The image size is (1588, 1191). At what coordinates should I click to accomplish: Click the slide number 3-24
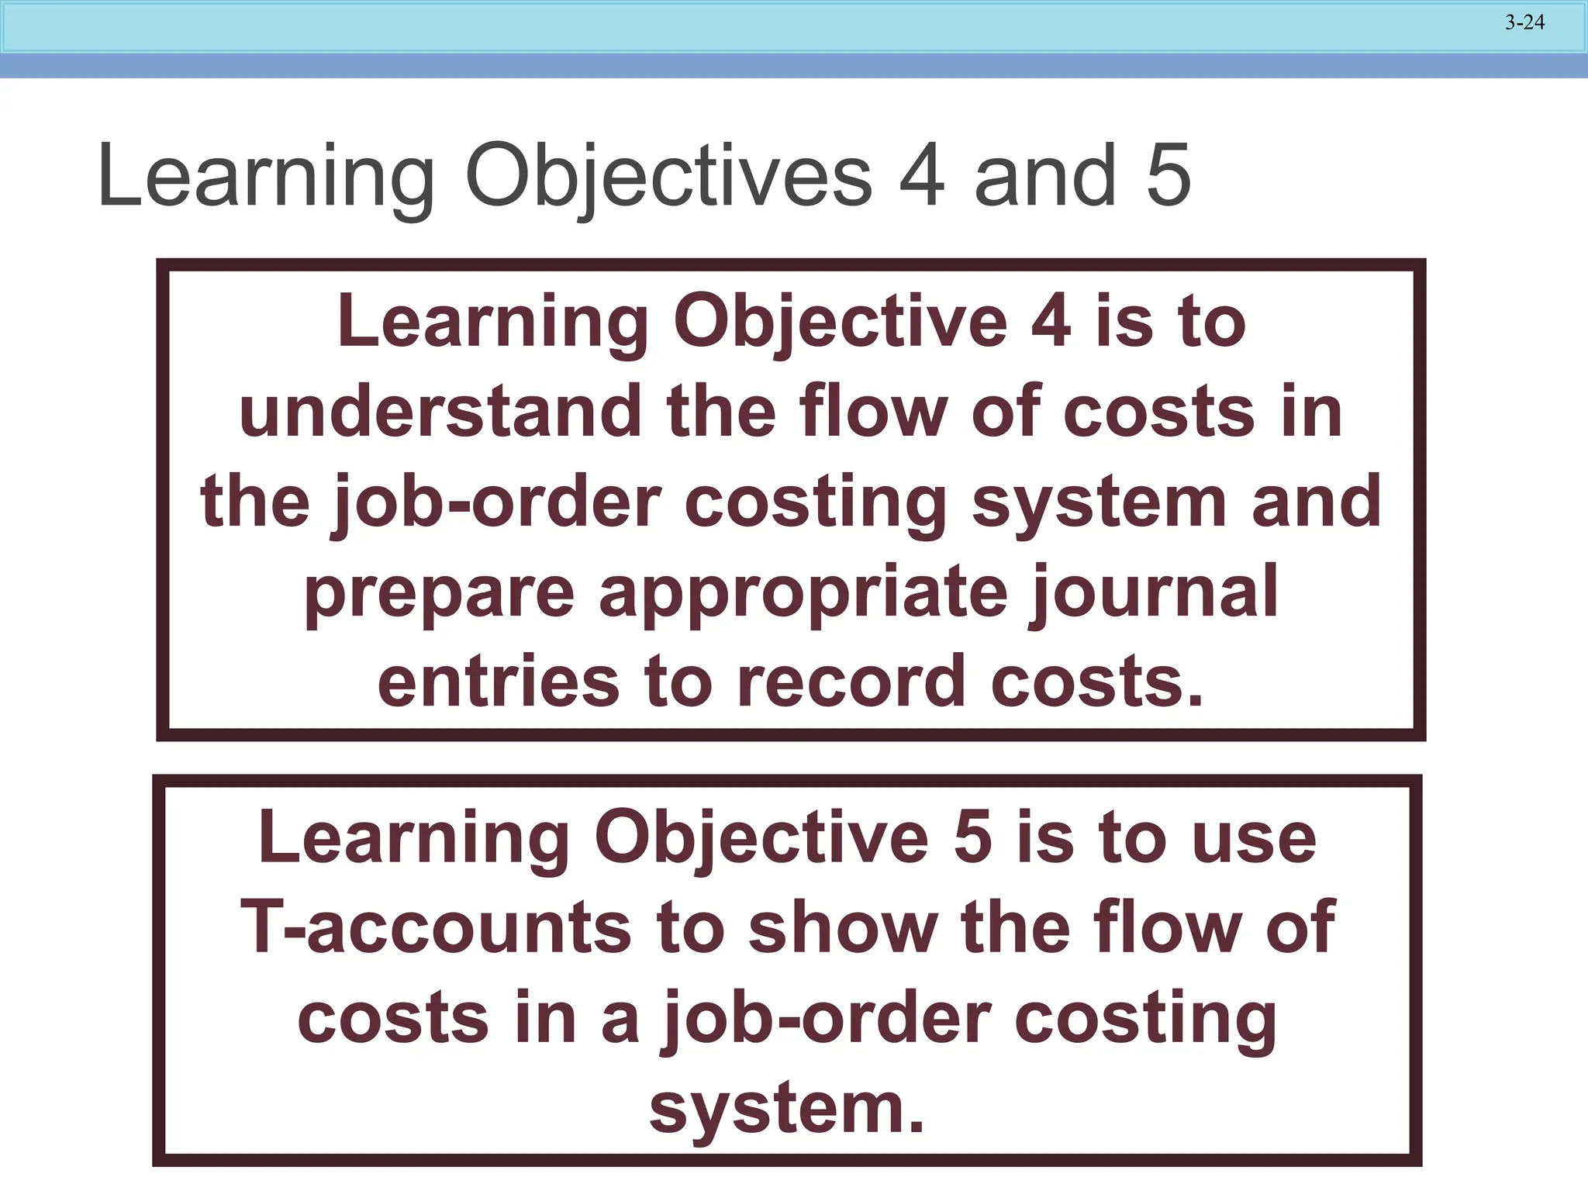pyautogui.click(x=1524, y=22)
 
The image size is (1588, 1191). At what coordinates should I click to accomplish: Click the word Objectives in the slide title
pyautogui.click(x=669, y=177)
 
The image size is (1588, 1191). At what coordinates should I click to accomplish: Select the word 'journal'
pyautogui.click(x=1154, y=593)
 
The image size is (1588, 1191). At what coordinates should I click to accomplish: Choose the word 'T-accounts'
pyautogui.click(x=435, y=927)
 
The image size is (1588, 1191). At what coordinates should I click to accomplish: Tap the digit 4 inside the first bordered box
pyautogui.click(x=1051, y=321)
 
